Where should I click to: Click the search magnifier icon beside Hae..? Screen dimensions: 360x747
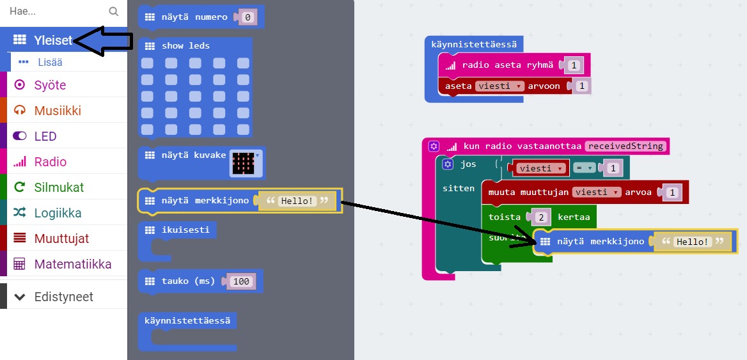pyautogui.click(x=114, y=11)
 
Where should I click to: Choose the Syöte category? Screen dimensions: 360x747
pyautogui.click(x=50, y=85)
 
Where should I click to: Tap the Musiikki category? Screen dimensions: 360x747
pyautogui.click(x=58, y=111)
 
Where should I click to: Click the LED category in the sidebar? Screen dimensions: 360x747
pyautogui.click(x=45, y=136)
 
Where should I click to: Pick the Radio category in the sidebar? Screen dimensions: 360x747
pyautogui.click(x=50, y=162)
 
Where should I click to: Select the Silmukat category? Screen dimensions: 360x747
pyautogui.click(x=59, y=187)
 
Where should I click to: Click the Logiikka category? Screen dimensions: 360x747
pyautogui.click(x=58, y=213)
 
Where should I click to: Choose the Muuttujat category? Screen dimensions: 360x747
pyautogui.click(x=61, y=239)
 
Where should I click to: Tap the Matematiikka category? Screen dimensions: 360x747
pyautogui.click(x=72, y=264)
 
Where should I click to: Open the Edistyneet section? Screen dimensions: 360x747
pyautogui.click(x=63, y=297)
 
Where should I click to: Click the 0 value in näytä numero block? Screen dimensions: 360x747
pyautogui.click(x=248, y=17)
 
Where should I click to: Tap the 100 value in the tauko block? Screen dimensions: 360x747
pyautogui.click(x=241, y=281)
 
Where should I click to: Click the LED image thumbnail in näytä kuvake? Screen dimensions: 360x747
pyautogui.click(x=244, y=164)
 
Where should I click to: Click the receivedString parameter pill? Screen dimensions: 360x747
pyautogui.click(x=626, y=146)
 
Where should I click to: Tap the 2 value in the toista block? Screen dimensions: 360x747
pyautogui.click(x=541, y=217)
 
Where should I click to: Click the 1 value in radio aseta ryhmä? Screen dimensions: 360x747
pyautogui.click(x=574, y=65)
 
